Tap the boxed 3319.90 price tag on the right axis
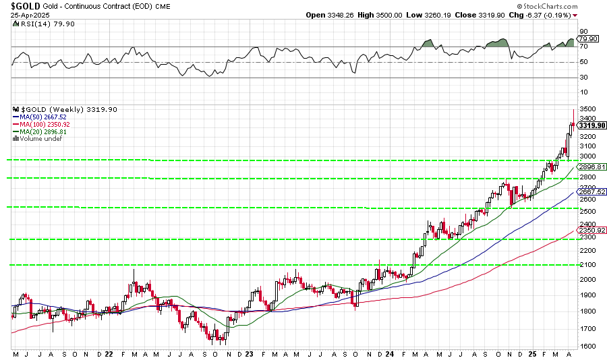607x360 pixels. pos(591,125)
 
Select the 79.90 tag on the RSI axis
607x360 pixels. pos(588,38)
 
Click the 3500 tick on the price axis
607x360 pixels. pos(586,109)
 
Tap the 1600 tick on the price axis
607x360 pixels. pos(586,346)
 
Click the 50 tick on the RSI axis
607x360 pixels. pos(582,62)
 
